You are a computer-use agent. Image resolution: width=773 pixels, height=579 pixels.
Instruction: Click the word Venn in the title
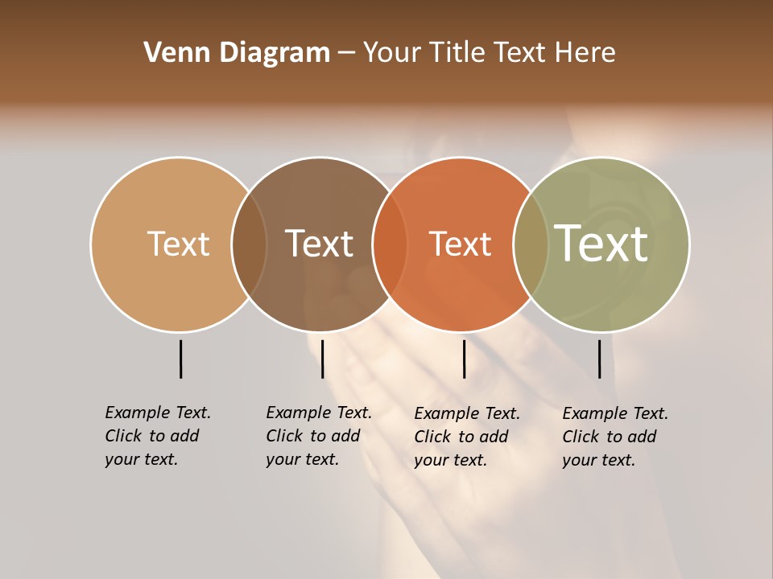point(172,53)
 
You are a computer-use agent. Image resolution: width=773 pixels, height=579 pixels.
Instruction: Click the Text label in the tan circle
point(178,244)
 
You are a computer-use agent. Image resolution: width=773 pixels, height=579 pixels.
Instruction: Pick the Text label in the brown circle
point(319,244)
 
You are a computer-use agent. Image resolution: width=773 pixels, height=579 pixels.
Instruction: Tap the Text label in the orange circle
point(460,244)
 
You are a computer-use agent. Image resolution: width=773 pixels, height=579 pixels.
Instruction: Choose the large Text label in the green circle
point(601,244)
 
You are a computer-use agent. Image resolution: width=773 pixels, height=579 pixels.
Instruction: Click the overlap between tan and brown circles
point(249,244)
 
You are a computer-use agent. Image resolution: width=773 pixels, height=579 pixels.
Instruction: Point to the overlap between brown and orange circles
point(390,244)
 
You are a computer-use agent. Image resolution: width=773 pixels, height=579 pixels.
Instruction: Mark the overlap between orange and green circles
point(531,244)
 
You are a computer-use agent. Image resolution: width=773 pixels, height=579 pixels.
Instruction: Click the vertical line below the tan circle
point(180,359)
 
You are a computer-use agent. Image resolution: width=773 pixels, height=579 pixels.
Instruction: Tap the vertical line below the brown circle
point(322,359)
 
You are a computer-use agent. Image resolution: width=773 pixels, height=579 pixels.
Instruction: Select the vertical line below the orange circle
point(464,359)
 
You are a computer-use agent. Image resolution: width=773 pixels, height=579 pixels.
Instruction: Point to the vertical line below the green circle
point(599,359)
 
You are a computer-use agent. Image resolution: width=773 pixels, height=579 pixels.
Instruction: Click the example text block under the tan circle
point(157,436)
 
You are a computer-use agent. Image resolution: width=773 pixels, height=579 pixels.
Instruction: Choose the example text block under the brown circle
point(318,436)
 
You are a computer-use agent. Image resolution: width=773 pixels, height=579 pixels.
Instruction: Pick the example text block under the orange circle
point(466,437)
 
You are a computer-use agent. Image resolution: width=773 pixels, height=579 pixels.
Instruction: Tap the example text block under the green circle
point(614,437)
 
